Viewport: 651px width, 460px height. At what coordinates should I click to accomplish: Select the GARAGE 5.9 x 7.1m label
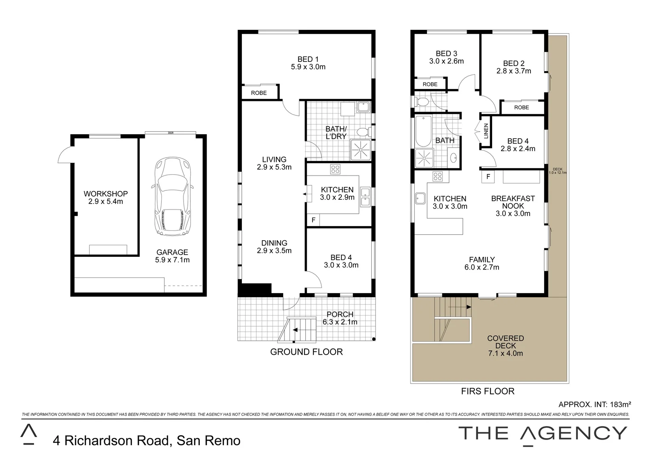pos(172,256)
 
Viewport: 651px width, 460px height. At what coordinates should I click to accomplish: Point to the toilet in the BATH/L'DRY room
pos(363,132)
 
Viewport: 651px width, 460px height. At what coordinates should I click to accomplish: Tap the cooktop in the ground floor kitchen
pos(336,170)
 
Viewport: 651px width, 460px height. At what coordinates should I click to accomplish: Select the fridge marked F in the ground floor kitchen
pos(313,220)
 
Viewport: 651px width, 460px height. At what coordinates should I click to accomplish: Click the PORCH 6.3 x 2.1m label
pos(340,318)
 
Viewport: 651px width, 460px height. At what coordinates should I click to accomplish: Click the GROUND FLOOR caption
pos(307,352)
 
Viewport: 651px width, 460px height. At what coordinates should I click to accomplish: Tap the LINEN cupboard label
pos(486,131)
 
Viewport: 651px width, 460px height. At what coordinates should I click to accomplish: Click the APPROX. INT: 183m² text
pos(594,404)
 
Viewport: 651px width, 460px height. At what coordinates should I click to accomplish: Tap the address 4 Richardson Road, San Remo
pos(146,440)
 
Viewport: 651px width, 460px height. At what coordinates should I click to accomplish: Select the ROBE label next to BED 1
pos(258,93)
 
